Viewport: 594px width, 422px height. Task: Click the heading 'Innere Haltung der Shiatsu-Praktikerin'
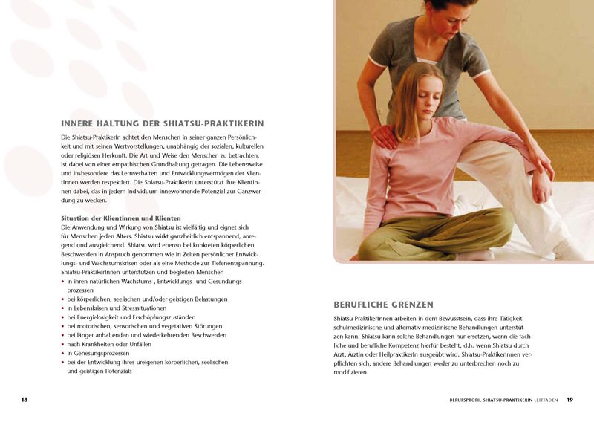tap(162, 123)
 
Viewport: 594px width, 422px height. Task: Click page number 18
tap(25, 400)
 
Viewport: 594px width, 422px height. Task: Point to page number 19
tap(570, 400)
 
